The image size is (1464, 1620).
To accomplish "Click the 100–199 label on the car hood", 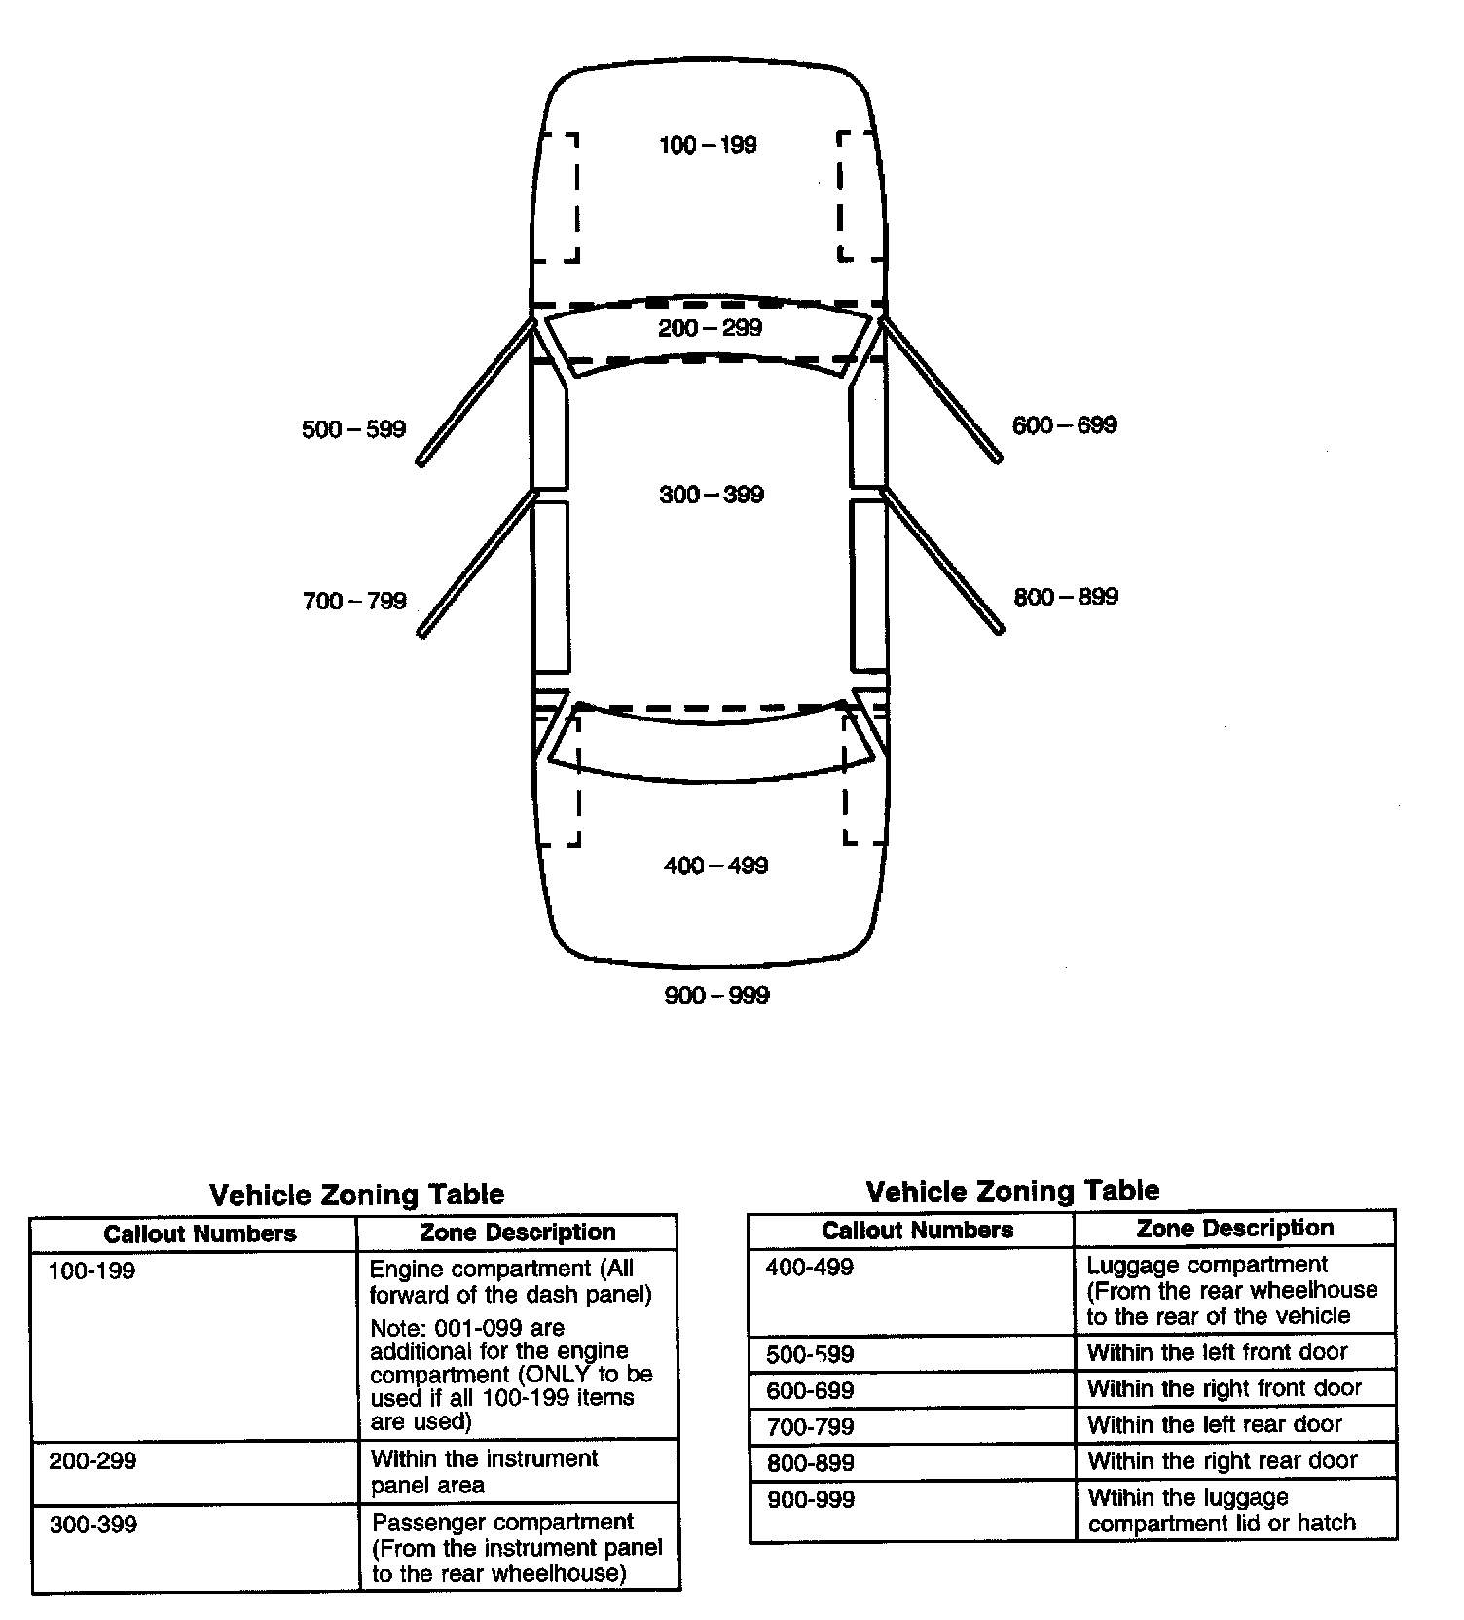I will tap(708, 146).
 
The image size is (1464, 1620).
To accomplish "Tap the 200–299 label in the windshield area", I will tap(710, 328).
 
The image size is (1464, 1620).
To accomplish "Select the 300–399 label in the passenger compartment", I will tap(712, 495).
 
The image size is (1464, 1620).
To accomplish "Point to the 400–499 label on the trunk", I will tap(715, 865).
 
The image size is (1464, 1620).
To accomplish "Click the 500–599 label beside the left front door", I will tap(353, 429).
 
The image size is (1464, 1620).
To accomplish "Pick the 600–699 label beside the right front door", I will tap(1065, 425).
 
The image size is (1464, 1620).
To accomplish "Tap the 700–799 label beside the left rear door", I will tap(354, 601).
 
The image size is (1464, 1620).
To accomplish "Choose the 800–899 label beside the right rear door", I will tap(1066, 597).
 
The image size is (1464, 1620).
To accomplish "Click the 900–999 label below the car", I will tap(716, 995).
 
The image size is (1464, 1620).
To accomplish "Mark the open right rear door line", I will tap(942, 561).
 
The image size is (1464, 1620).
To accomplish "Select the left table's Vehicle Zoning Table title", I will tap(357, 1195).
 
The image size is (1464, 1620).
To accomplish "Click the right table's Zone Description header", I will tap(1234, 1228).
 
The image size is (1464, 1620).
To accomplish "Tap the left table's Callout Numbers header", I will tap(200, 1233).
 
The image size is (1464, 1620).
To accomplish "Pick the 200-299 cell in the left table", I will tap(92, 1461).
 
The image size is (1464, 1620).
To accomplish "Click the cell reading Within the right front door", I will tap(1224, 1388).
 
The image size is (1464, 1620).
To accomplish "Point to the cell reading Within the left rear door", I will tap(1215, 1425).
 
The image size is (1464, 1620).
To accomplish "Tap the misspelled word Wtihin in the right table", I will tap(1120, 1497).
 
